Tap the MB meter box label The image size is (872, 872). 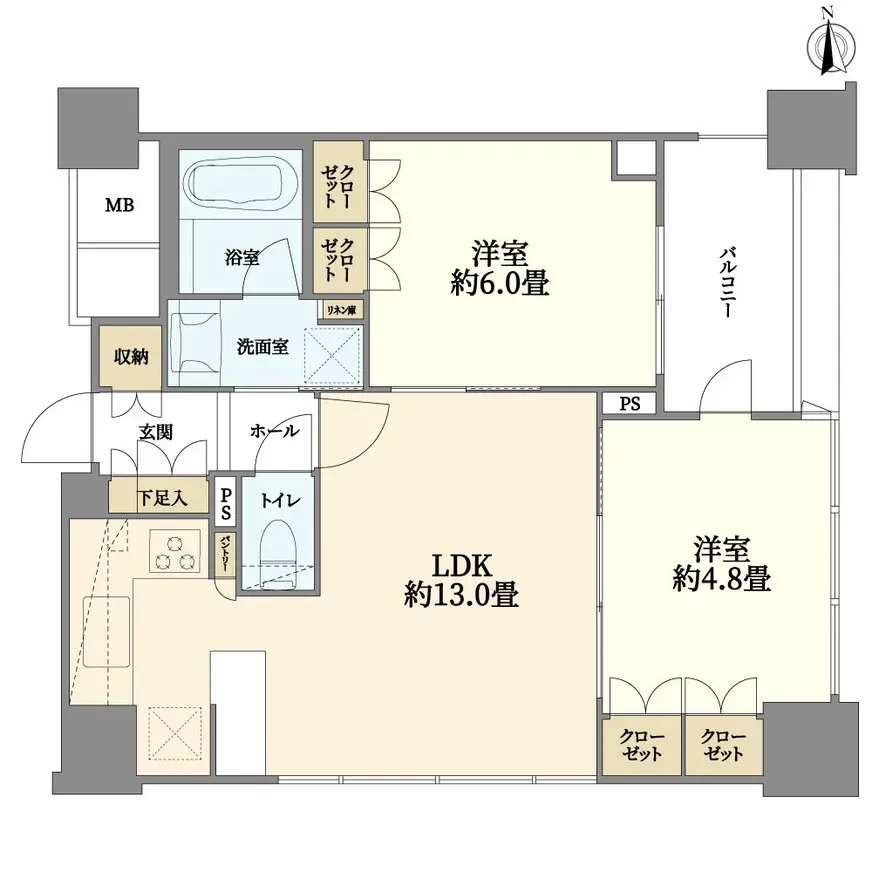pyautogui.click(x=120, y=206)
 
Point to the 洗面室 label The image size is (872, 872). pyautogui.click(x=263, y=347)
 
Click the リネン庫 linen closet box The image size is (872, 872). pyautogui.click(x=341, y=310)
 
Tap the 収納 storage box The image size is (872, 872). pyautogui.click(x=130, y=357)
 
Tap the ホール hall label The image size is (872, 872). pyautogui.click(x=273, y=431)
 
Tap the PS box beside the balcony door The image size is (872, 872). pyautogui.click(x=629, y=405)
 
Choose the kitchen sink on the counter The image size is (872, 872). pyautogui.click(x=107, y=632)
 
